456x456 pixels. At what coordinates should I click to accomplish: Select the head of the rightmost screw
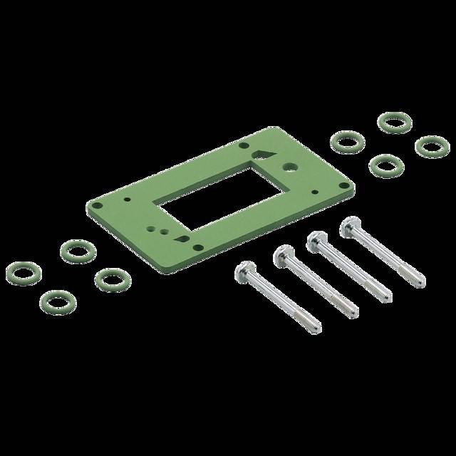(348, 227)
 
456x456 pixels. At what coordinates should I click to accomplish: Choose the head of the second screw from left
(282, 253)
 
